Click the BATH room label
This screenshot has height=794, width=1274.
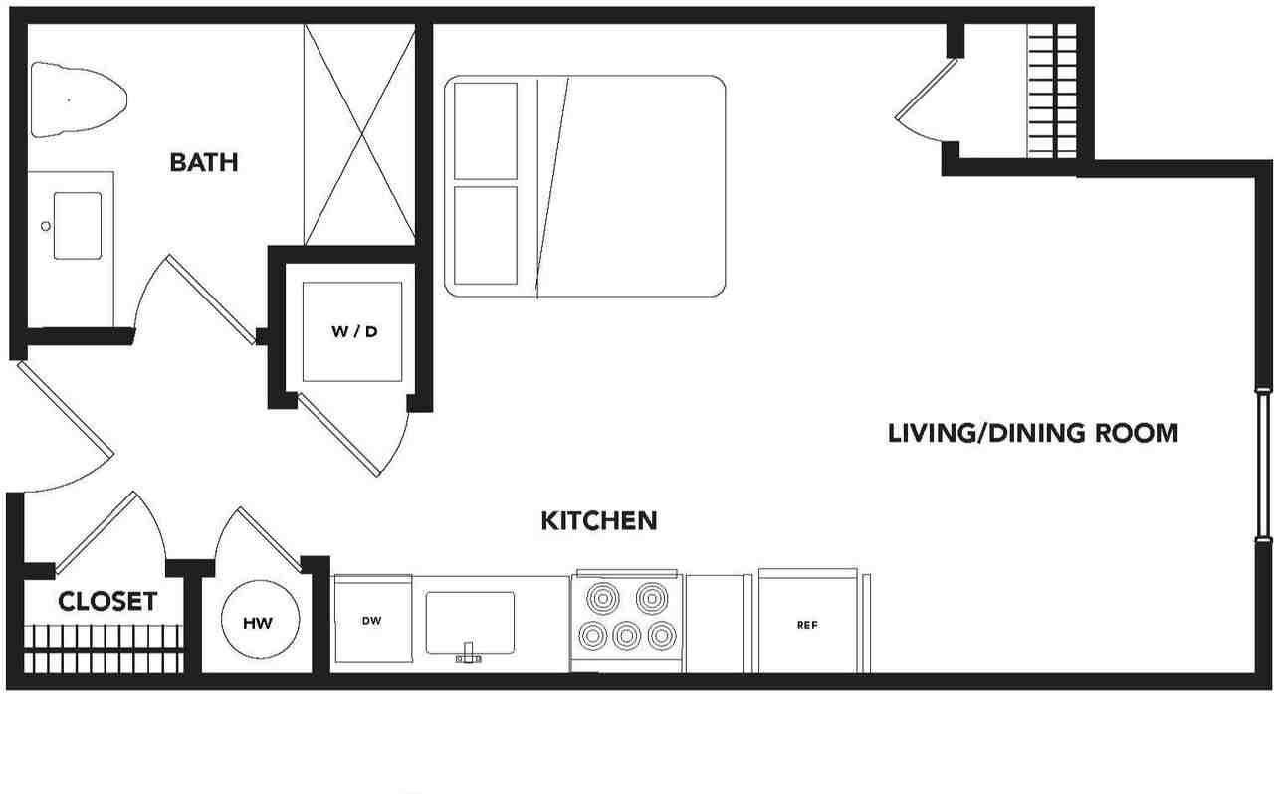click(204, 162)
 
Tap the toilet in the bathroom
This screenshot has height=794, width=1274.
click(78, 100)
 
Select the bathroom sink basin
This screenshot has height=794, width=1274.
click(78, 225)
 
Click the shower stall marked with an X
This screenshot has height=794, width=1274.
click(360, 134)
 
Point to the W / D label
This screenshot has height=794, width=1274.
click(354, 331)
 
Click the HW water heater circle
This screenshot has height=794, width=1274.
click(260, 620)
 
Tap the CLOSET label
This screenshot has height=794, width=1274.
click(107, 602)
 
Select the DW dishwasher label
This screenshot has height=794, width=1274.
click(371, 621)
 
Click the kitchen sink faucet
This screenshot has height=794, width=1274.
click(468, 653)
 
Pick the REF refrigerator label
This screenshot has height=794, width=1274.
click(807, 625)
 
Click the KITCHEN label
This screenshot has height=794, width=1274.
click(599, 521)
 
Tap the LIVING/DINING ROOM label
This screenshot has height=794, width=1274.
click(1033, 433)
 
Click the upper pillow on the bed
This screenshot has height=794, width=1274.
click(485, 130)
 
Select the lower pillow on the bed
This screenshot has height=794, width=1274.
click(485, 235)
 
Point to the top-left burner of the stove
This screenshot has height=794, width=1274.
click(603, 598)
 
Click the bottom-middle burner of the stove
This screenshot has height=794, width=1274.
click(627, 636)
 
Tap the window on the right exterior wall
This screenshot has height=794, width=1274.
click(1263, 465)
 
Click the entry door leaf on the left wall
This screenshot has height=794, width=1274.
click(66, 409)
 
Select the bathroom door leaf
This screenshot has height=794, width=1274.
click(212, 299)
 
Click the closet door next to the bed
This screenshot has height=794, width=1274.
click(926, 90)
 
